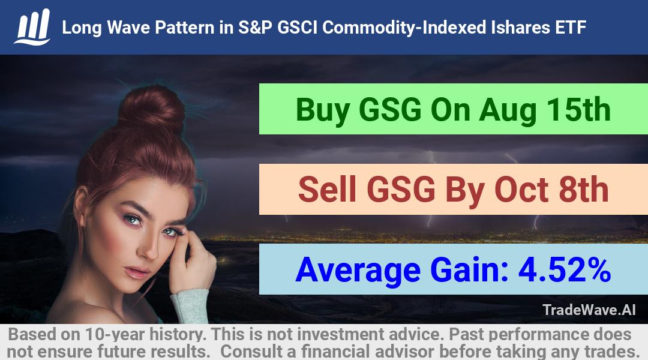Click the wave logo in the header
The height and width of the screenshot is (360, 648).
click(x=32, y=26)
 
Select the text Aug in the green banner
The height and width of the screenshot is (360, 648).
click(x=508, y=110)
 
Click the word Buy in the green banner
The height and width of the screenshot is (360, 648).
click(x=323, y=110)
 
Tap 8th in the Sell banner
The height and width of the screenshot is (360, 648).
click(x=583, y=189)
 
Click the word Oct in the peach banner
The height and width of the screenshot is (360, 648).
click(x=521, y=189)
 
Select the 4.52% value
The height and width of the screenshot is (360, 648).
click(x=565, y=269)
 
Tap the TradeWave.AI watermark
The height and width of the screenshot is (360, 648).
click(x=589, y=310)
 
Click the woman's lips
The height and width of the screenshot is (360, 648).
click(x=136, y=272)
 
